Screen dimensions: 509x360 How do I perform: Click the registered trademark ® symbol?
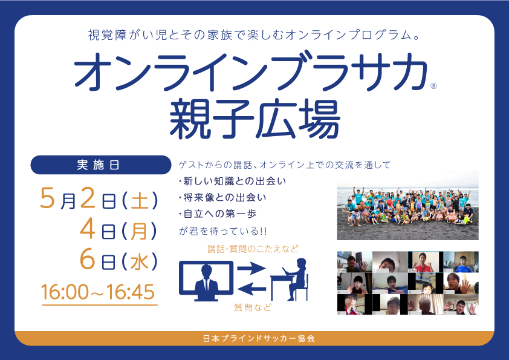433,86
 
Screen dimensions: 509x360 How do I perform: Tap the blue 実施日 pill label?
100,165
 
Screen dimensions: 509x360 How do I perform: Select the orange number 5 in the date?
47,198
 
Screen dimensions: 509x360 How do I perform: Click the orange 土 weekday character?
140,200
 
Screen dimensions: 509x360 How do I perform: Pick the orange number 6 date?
87,260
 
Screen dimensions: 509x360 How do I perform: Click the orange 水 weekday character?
139,262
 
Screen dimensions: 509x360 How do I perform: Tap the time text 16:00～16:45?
98,292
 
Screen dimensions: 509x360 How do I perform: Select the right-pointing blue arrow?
251,269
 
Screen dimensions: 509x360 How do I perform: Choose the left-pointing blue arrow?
251,288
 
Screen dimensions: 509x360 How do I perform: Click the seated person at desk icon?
289,280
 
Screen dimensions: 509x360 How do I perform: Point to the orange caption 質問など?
253,307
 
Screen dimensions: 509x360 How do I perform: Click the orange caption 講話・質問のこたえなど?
253,249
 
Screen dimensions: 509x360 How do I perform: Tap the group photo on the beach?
407,205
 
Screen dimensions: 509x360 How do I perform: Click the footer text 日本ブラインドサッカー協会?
259,339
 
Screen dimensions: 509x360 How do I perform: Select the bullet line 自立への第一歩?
218,214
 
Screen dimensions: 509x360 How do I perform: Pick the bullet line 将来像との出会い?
222,197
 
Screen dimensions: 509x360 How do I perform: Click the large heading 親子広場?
255,119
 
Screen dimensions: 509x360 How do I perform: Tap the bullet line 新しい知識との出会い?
232,181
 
